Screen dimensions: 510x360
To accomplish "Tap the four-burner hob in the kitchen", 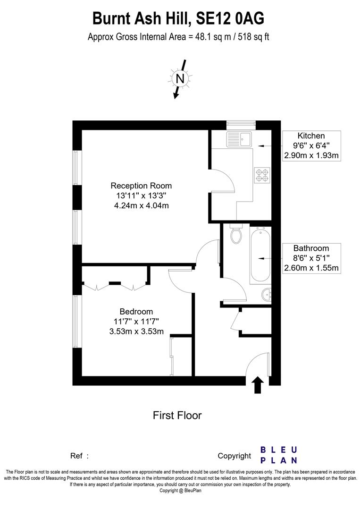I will [x=262, y=175].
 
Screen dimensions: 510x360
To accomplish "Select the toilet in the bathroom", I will [x=236, y=234].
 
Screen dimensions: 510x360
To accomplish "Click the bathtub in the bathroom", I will [x=260, y=255].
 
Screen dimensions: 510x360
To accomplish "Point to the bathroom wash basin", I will [x=266, y=295].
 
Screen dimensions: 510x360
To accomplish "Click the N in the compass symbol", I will [x=179, y=78].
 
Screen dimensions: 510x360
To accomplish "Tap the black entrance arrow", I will [x=258, y=384].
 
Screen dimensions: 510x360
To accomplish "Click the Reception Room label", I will [x=141, y=186].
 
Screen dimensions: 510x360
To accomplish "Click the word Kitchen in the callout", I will [x=311, y=136].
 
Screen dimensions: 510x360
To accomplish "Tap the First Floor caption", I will [x=177, y=416].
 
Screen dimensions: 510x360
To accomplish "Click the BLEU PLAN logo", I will [x=279, y=455].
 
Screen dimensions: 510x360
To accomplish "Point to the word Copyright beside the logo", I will [x=234, y=456].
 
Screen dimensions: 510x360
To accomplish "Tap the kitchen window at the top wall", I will [x=241, y=125].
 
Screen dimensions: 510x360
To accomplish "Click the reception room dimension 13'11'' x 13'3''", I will [x=141, y=195].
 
